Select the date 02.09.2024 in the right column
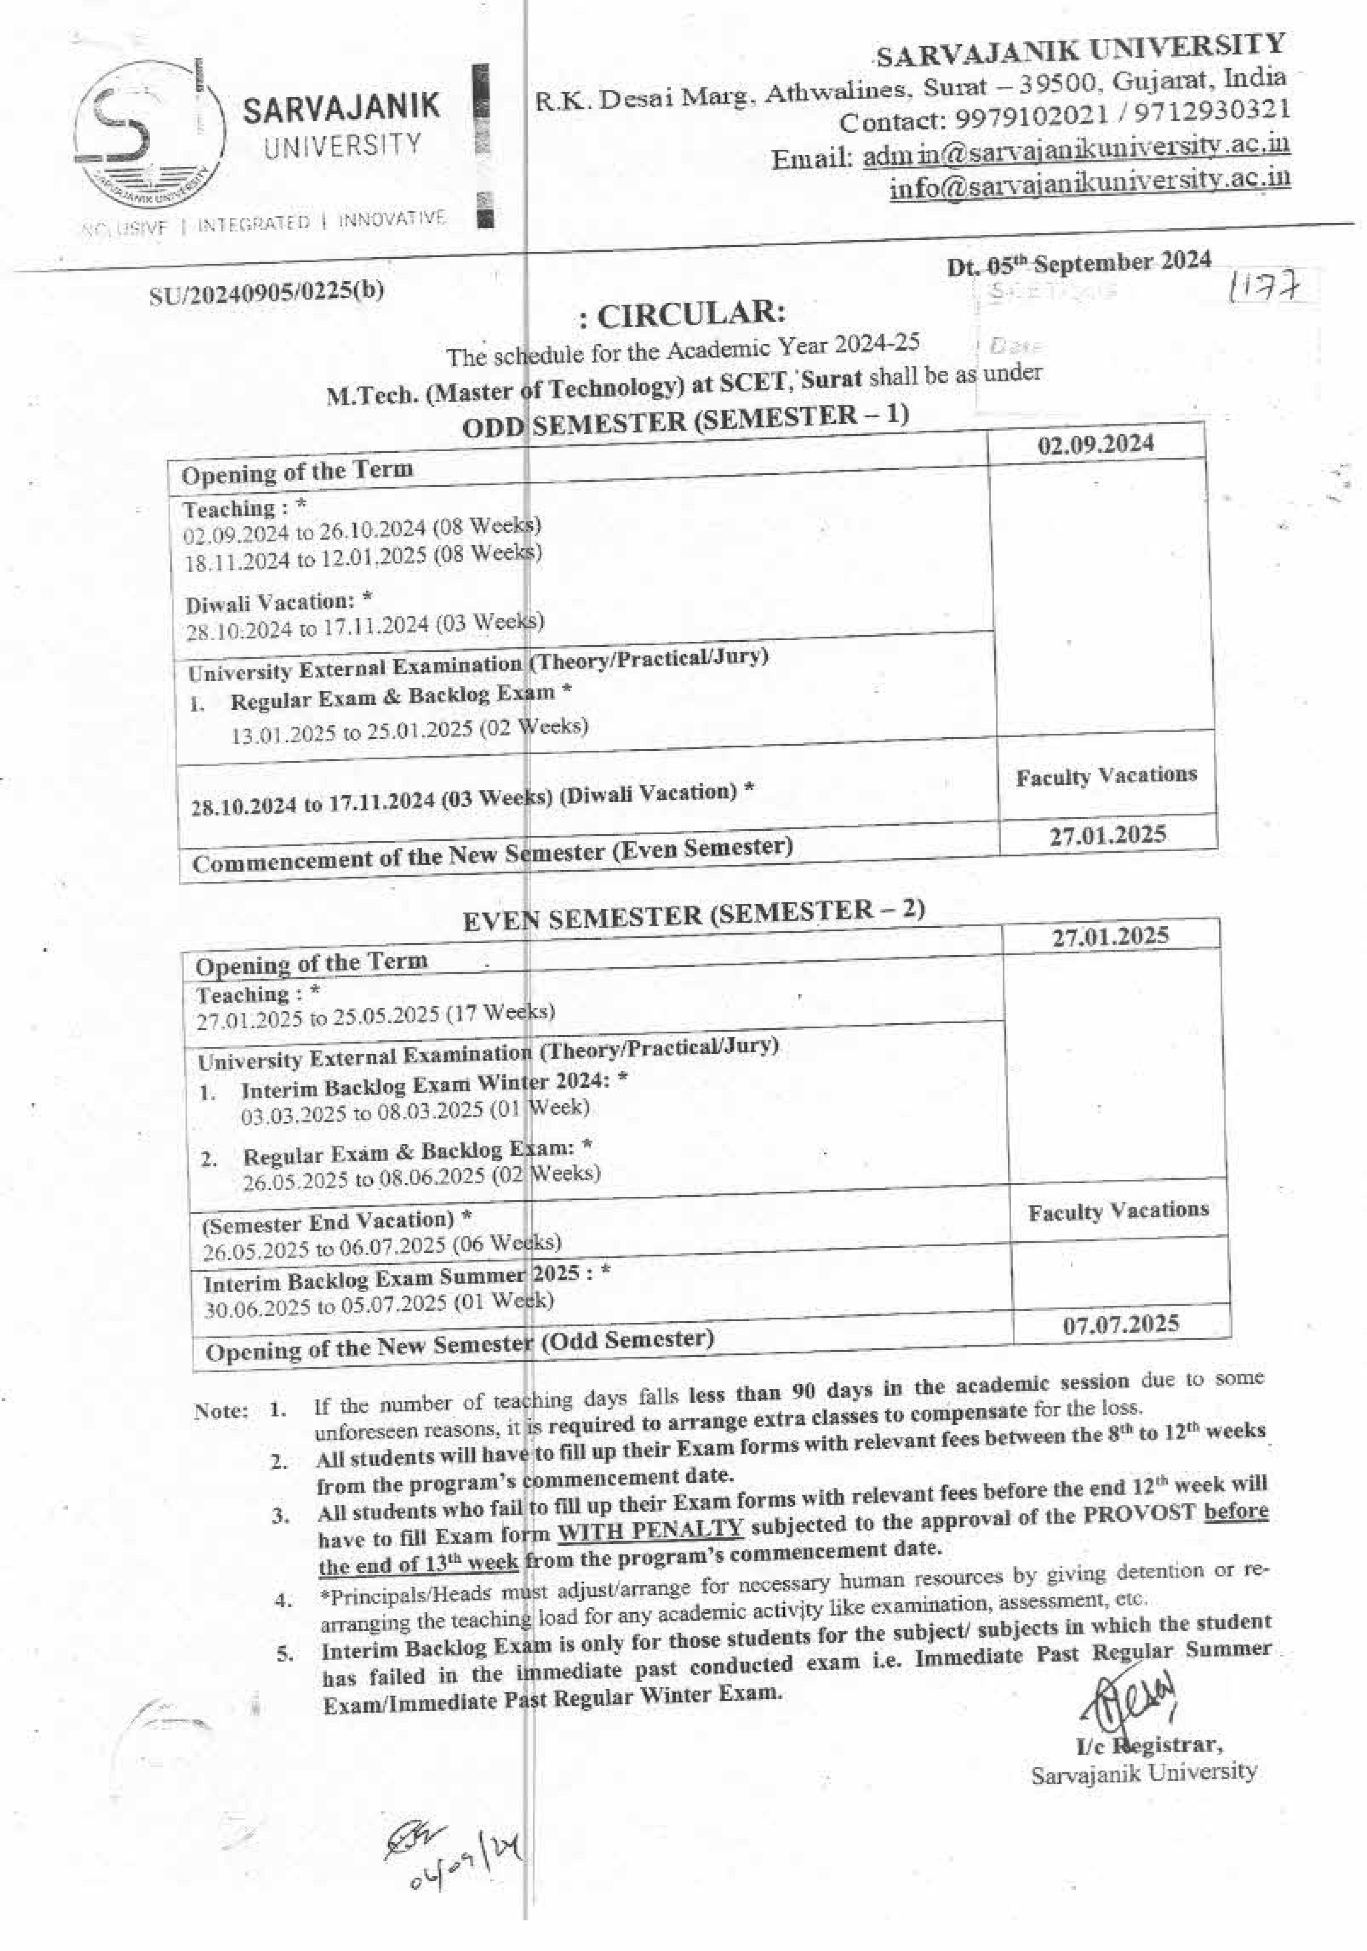1095,444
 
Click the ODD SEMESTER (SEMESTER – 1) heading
685,420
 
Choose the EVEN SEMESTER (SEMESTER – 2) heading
693,915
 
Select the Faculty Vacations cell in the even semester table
1117,1210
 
